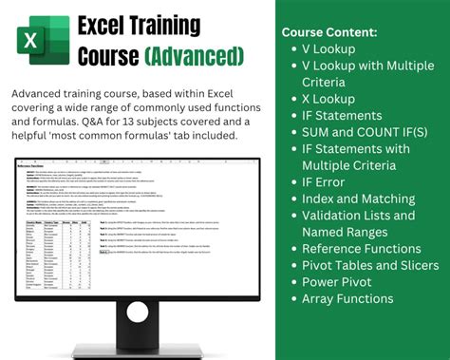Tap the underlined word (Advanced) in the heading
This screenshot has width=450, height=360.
click(x=194, y=57)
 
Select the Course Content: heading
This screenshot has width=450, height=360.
click(x=329, y=32)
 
